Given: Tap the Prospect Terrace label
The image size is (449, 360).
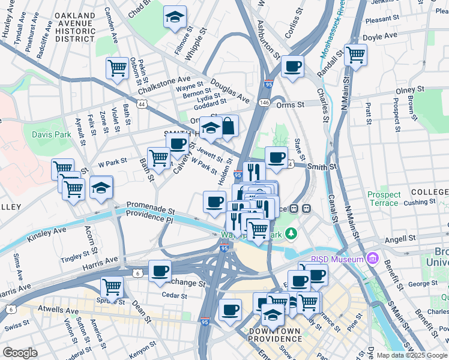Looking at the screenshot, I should pos(384,199).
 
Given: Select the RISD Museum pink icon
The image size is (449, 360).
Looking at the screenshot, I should pos(373,259).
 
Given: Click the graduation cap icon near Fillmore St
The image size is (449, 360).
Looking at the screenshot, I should pos(175,17).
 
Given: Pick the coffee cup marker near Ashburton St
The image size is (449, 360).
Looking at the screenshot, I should pos(292,66).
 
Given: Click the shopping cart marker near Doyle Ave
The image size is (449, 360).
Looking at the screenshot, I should pos(356,55).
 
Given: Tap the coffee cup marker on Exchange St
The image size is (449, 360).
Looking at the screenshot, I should pos(160,271).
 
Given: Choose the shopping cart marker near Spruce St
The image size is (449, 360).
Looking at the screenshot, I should pos(112,288).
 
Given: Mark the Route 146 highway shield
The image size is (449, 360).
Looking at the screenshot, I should pos(264,103).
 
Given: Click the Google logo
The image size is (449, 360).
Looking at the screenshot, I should pos(20,353).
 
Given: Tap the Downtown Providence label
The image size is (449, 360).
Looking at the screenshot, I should pos(275,335).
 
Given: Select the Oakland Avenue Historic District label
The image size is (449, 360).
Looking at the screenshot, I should pos(83,27).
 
